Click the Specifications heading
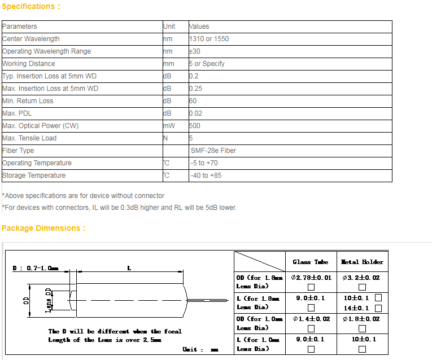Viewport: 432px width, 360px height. click(30, 7)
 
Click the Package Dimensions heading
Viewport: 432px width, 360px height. click(43, 228)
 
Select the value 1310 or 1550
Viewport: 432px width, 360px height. click(209, 39)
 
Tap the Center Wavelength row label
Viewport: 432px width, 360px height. click(31, 39)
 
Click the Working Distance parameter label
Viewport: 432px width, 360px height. click(29, 64)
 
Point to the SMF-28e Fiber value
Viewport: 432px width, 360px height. click(213, 151)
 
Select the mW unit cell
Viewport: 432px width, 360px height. click(169, 126)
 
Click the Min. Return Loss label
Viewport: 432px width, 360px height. click(28, 101)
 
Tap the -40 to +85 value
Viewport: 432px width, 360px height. click(206, 175)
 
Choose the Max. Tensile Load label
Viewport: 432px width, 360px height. click(29, 138)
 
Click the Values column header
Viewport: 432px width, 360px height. click(199, 27)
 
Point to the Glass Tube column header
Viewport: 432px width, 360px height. click(311, 262)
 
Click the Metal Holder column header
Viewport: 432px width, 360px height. click(362, 262)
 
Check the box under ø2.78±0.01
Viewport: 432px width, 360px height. click(311, 287)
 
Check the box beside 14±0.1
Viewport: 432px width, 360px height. click(378, 308)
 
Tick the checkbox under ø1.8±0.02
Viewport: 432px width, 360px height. click(362, 328)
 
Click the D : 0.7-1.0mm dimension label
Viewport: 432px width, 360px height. click(36, 268)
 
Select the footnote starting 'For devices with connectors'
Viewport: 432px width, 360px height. click(120, 207)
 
